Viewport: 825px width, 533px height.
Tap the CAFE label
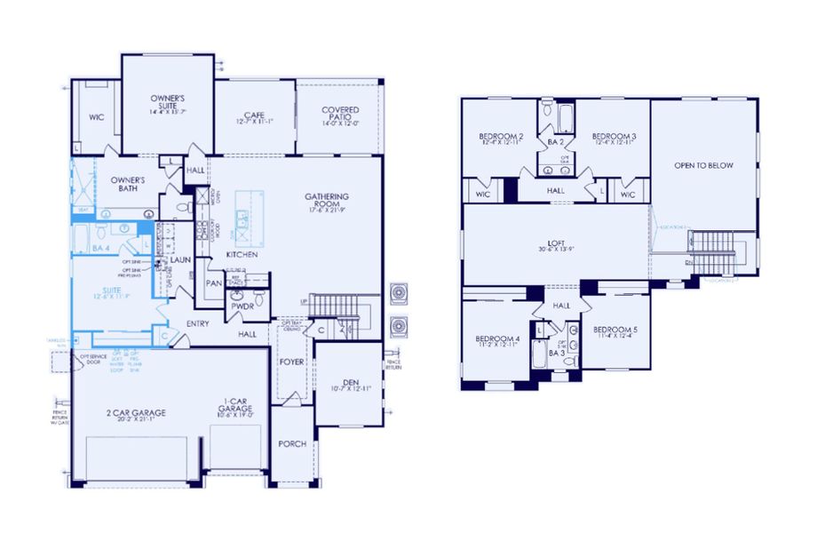(255, 116)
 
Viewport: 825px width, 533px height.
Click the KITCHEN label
(242, 255)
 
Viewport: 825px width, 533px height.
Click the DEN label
(349, 383)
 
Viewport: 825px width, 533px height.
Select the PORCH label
(291, 443)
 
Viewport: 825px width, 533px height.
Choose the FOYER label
(291, 362)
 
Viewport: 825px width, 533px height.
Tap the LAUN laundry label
(181, 260)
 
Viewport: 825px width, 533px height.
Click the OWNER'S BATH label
(128, 184)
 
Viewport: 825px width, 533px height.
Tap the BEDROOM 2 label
(501, 137)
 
